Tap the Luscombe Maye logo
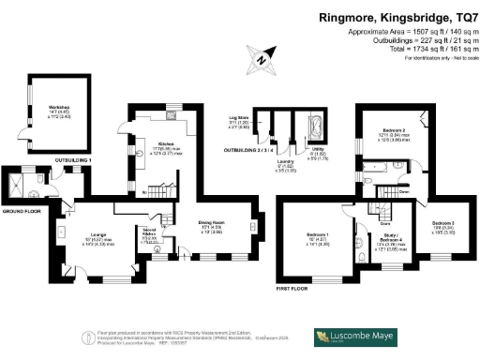(360, 336)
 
